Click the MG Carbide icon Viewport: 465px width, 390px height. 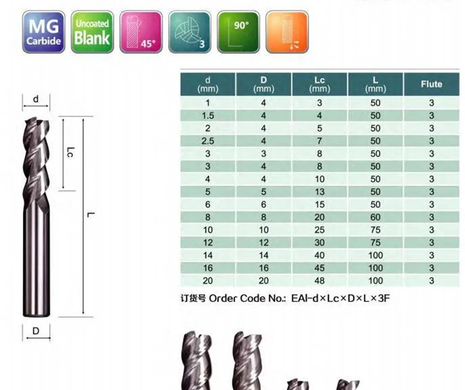44,33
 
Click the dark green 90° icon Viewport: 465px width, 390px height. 238,33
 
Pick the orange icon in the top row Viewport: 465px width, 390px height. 286,33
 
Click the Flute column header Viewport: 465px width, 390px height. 431,84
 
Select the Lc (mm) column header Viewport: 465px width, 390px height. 319,84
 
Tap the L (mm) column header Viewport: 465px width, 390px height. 375,84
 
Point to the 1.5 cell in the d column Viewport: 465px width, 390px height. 207,116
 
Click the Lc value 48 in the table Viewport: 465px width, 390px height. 319,280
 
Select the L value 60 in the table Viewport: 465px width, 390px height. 375,217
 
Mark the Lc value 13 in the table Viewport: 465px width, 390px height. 319,192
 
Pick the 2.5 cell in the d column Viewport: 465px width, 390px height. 207,141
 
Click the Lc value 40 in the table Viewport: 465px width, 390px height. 319,255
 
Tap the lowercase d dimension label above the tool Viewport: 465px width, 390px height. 36,99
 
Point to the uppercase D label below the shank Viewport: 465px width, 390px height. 36,331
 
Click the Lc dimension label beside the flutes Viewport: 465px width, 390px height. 70,152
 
